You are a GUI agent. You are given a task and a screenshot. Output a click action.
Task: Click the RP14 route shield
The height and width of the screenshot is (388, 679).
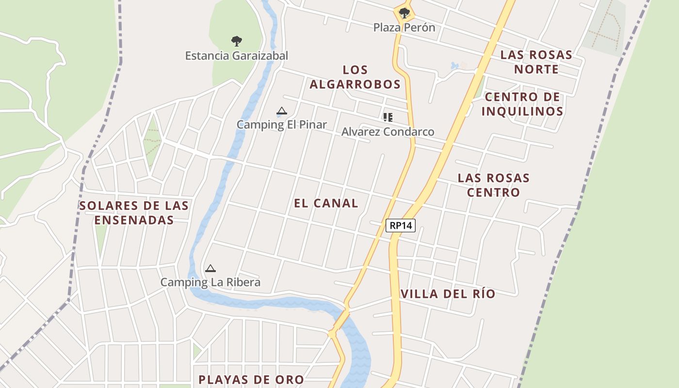point(401,225)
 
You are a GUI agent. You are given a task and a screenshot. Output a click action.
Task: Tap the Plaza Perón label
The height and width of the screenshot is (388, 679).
point(404,28)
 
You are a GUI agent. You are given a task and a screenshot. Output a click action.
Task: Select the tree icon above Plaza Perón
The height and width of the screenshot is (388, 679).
point(404,13)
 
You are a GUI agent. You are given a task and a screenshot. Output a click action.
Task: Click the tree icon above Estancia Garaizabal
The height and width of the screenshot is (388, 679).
point(236,41)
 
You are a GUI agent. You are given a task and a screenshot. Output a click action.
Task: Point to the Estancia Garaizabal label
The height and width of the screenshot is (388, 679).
point(236,56)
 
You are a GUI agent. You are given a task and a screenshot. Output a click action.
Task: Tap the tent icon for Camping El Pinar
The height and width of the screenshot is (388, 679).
point(281,111)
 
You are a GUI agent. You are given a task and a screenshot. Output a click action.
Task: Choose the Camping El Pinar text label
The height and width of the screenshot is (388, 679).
point(281,125)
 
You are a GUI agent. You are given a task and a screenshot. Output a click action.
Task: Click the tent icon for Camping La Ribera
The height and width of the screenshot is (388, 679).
point(210,268)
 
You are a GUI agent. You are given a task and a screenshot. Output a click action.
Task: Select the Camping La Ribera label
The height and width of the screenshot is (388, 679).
point(210,282)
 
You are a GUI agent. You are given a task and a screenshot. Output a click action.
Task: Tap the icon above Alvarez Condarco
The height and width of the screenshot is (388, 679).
point(388,117)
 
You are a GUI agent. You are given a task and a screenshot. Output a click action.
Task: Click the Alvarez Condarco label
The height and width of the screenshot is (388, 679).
point(388,132)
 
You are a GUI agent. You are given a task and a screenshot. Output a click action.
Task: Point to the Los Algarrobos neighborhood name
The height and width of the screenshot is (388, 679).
point(355,77)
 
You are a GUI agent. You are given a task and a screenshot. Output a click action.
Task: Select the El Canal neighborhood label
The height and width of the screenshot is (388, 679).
point(326,203)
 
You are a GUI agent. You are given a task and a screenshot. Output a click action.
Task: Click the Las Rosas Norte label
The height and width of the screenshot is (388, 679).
point(536,62)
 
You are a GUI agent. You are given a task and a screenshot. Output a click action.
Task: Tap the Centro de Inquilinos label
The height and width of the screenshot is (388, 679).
point(522,104)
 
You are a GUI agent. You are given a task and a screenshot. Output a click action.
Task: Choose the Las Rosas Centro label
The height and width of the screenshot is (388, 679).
point(493,185)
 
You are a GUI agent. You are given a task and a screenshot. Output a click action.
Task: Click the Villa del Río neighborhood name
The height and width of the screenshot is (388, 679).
point(448,294)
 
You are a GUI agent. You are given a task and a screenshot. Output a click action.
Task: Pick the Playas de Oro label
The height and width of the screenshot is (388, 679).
point(251,379)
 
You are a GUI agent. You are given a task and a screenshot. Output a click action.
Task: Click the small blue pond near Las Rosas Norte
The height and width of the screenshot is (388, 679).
point(454,65)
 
